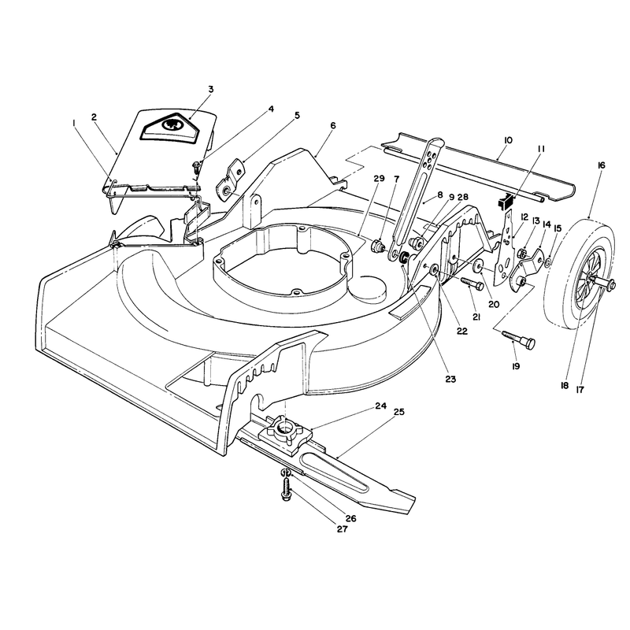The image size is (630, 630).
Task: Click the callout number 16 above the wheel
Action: tap(601, 165)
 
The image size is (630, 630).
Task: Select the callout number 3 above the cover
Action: tap(211, 89)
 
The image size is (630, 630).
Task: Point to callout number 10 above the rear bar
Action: tap(508, 140)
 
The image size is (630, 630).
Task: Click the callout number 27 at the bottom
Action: tap(342, 529)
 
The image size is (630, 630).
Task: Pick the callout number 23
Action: tap(450, 379)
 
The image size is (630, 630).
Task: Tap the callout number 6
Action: tap(332, 125)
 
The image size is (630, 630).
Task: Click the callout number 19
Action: tap(516, 366)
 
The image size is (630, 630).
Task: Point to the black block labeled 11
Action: tap(506, 200)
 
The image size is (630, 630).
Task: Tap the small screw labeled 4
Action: tap(196, 166)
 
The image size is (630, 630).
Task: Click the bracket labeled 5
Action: tap(231, 179)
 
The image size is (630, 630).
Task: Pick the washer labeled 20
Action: tap(479, 266)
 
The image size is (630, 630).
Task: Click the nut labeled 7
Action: tap(378, 245)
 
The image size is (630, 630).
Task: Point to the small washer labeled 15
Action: tap(548, 263)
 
